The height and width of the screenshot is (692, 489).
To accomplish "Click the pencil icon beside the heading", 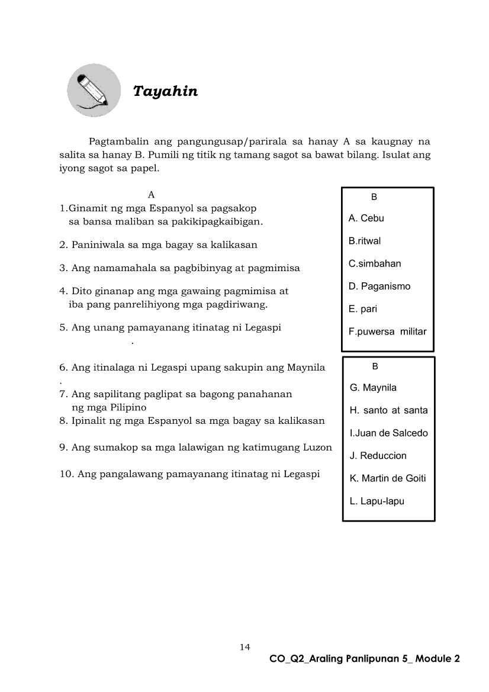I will coord(94,91).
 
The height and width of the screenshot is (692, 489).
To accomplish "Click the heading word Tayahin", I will coord(165,92).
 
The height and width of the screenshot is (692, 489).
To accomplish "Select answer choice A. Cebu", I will coord(366,218).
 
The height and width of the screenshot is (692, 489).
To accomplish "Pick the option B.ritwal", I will coord(365,241).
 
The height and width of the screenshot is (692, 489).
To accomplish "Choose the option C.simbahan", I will coord(375,263).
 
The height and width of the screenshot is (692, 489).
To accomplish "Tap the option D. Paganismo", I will coord(379,287).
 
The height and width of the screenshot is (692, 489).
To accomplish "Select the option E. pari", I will coord(363,309).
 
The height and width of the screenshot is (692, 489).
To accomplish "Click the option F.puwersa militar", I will coord(387,331).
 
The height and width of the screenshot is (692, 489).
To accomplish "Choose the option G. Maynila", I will coord(373,388).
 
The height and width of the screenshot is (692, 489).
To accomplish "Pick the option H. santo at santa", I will coord(388,410).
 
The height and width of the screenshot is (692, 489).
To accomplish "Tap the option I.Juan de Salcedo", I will coord(388,433).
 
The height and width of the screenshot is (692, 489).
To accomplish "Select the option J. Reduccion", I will coord(378,456).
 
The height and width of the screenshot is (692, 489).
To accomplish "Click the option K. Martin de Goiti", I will coord(388,478).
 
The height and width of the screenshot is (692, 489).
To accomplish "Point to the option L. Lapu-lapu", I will coord(377,501).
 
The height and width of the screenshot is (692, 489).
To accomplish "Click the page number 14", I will coord(245,646).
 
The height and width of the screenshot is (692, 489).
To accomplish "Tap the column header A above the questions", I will coord(151,194).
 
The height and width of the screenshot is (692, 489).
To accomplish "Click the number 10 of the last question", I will coord(66,474).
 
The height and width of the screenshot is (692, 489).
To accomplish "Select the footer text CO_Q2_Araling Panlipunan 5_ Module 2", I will coord(364,658).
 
